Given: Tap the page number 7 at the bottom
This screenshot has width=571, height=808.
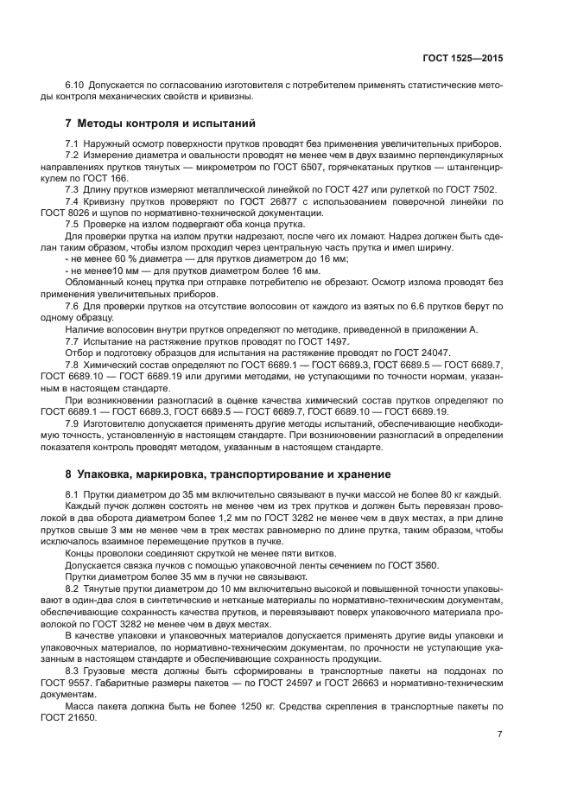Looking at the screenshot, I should click(x=499, y=734).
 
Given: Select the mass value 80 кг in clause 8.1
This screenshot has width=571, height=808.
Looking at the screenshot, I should click(x=449, y=493).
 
